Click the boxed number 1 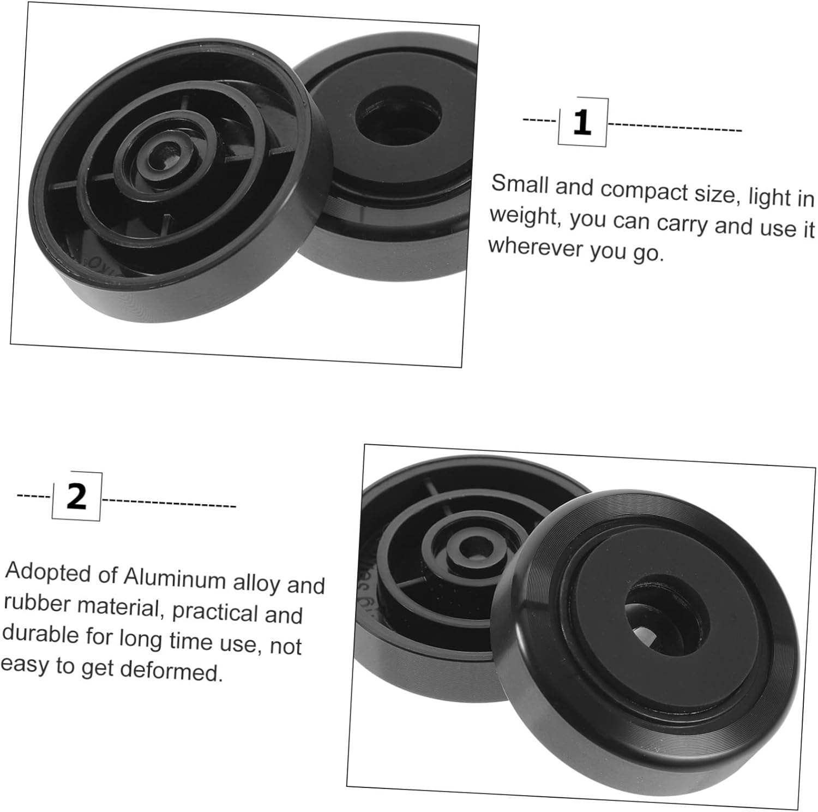[x=582, y=122]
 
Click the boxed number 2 [x=76, y=496]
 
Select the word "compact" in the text [x=644, y=191]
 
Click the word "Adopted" [x=48, y=573]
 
